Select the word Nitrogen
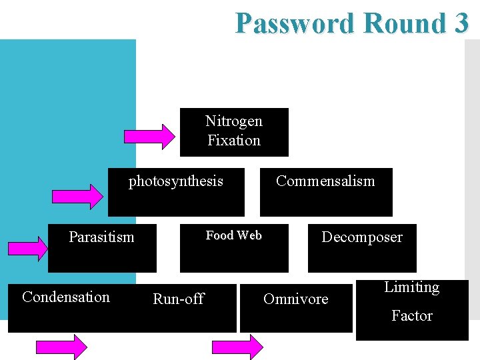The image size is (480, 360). click(x=233, y=121)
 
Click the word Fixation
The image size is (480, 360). click(x=233, y=141)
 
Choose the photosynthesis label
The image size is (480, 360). click(x=175, y=181)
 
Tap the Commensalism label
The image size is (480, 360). click(x=325, y=181)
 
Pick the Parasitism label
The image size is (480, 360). click(x=101, y=237)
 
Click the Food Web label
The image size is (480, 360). click(x=233, y=235)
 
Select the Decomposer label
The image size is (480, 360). click(x=361, y=237)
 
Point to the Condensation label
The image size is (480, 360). click(x=65, y=297)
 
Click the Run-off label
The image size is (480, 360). click(x=178, y=299)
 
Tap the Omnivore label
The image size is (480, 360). click(x=295, y=299)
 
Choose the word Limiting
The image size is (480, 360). click(x=411, y=287)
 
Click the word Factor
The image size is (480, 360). click(x=411, y=316)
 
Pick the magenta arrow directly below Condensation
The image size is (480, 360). click(x=61, y=347)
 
